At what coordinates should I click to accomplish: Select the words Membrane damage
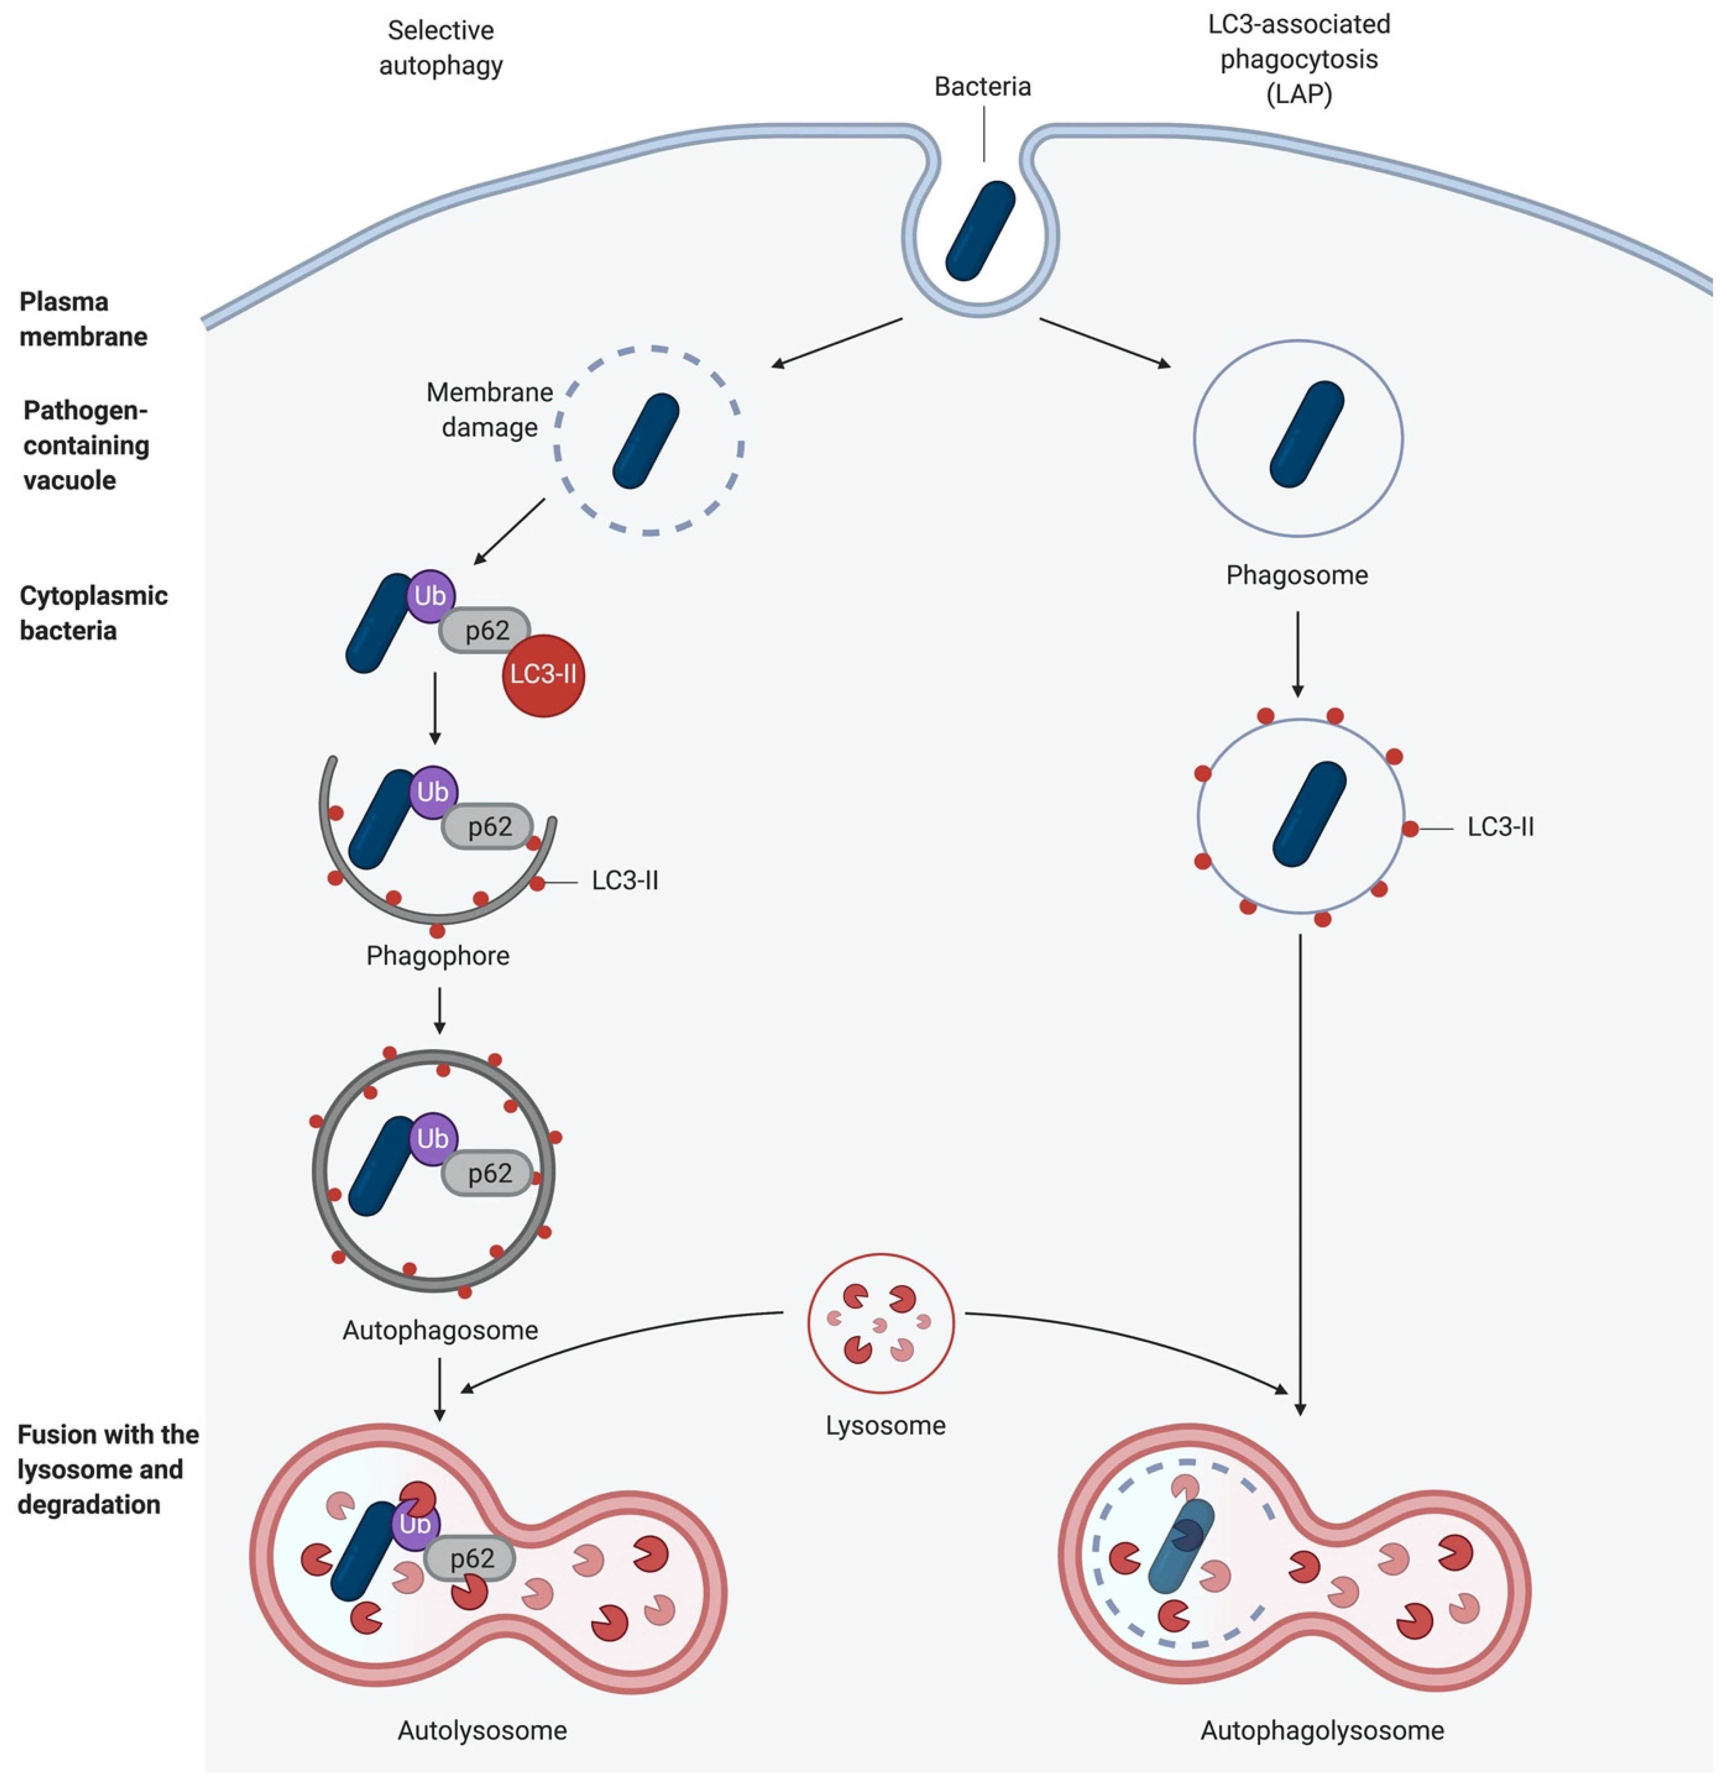[490, 409]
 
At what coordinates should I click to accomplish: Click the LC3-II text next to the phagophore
[625, 880]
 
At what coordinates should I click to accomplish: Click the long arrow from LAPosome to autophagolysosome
[1300, 1169]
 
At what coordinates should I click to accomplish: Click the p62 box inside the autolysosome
[471, 1558]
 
